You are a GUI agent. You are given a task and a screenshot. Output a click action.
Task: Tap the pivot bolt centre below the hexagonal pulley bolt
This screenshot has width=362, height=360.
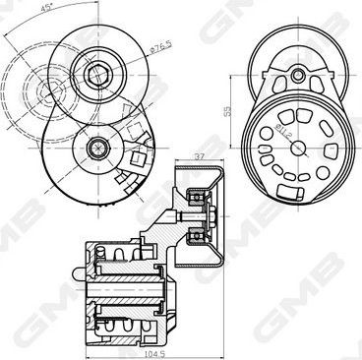[96, 148]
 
